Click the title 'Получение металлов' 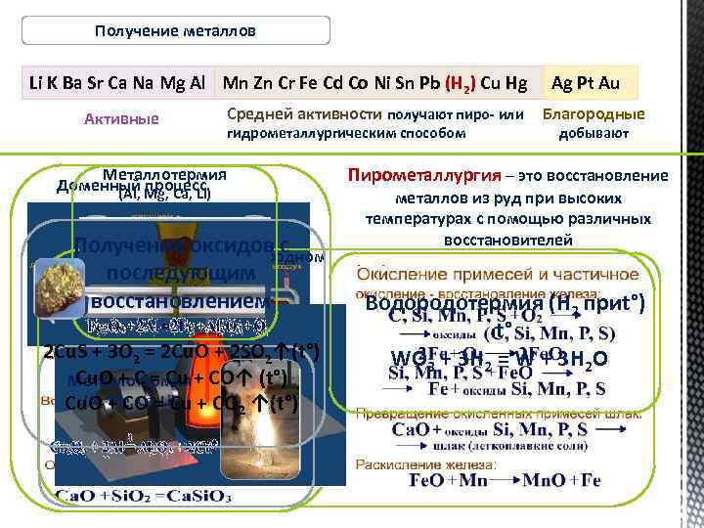click(176, 30)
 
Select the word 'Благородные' click(594, 114)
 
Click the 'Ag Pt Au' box click(587, 84)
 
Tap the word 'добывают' click(594, 133)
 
